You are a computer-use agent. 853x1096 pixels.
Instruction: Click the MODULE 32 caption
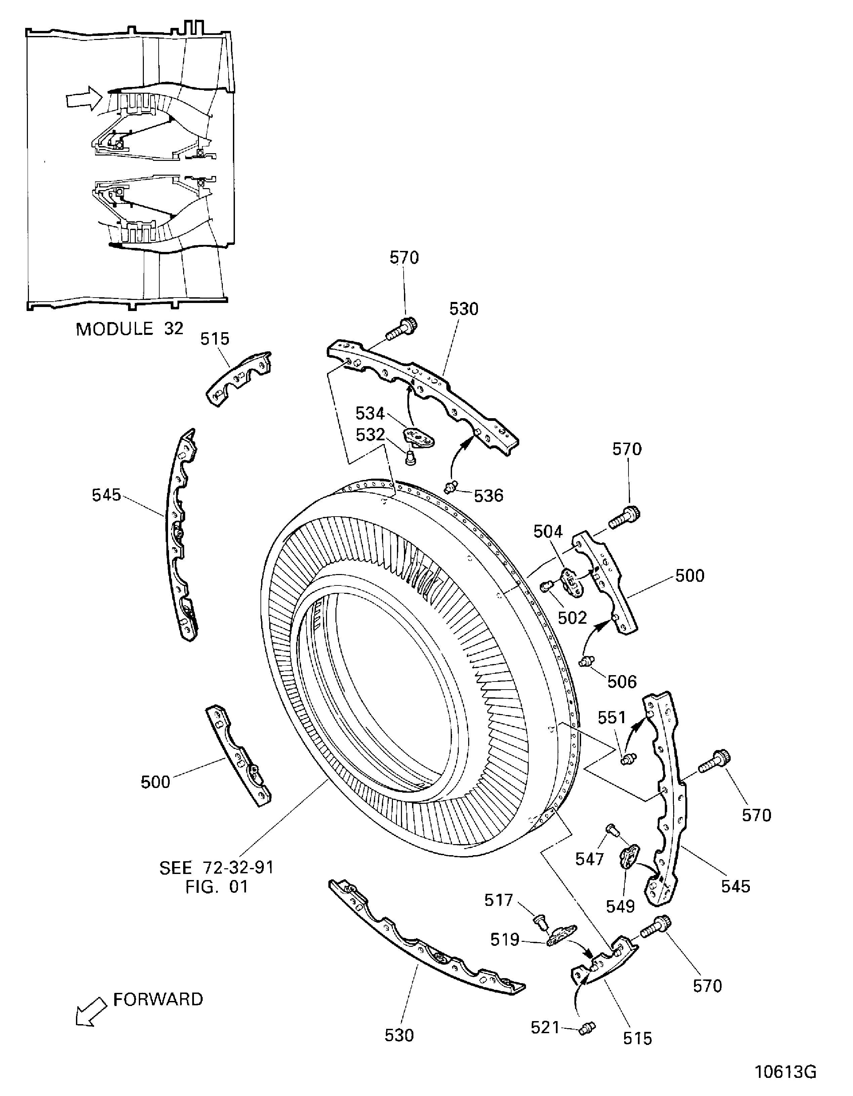(129, 329)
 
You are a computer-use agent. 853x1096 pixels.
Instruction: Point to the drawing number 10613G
(786, 1072)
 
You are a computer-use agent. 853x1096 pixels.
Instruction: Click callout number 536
(488, 496)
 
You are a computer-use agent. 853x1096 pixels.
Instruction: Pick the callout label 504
(548, 531)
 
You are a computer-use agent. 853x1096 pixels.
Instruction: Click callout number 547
(590, 859)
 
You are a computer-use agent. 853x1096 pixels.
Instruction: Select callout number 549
(620, 906)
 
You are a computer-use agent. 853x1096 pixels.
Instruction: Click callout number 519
(504, 940)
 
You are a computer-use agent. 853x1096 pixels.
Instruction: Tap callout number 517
(498, 900)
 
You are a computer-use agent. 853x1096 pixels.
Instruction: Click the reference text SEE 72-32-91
(216, 868)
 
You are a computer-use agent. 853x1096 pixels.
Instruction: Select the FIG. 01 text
(216, 887)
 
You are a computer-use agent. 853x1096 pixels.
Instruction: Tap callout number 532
(370, 435)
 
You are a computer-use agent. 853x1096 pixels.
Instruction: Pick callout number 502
(572, 618)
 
